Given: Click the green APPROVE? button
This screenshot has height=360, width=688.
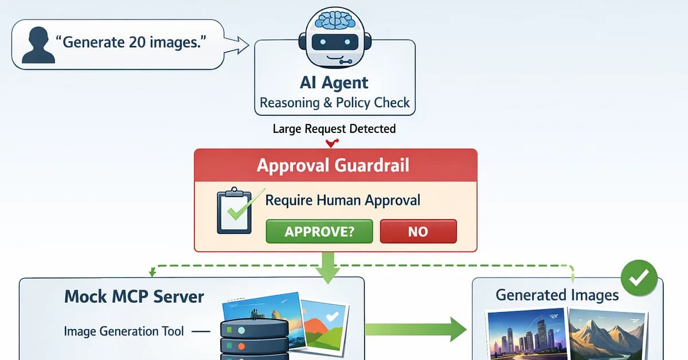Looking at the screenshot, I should (x=319, y=232).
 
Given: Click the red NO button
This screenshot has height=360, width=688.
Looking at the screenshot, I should (x=418, y=232).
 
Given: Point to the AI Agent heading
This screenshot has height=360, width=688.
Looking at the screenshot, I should (x=334, y=83).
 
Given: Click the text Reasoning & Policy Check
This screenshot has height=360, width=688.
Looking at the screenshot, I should (x=335, y=103).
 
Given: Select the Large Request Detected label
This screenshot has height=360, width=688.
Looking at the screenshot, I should (x=334, y=128).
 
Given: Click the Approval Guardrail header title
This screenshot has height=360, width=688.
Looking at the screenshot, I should (x=333, y=165).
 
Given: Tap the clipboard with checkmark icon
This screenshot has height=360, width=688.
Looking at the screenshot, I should (x=235, y=211).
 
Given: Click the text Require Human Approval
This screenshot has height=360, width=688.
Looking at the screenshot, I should (x=343, y=200).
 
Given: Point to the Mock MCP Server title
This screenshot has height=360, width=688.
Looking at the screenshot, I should (x=134, y=296).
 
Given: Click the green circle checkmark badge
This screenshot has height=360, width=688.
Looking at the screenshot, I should (x=639, y=278).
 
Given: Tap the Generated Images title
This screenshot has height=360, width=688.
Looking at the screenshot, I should (x=557, y=295).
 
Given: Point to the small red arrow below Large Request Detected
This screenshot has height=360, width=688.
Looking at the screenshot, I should (x=330, y=143).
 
